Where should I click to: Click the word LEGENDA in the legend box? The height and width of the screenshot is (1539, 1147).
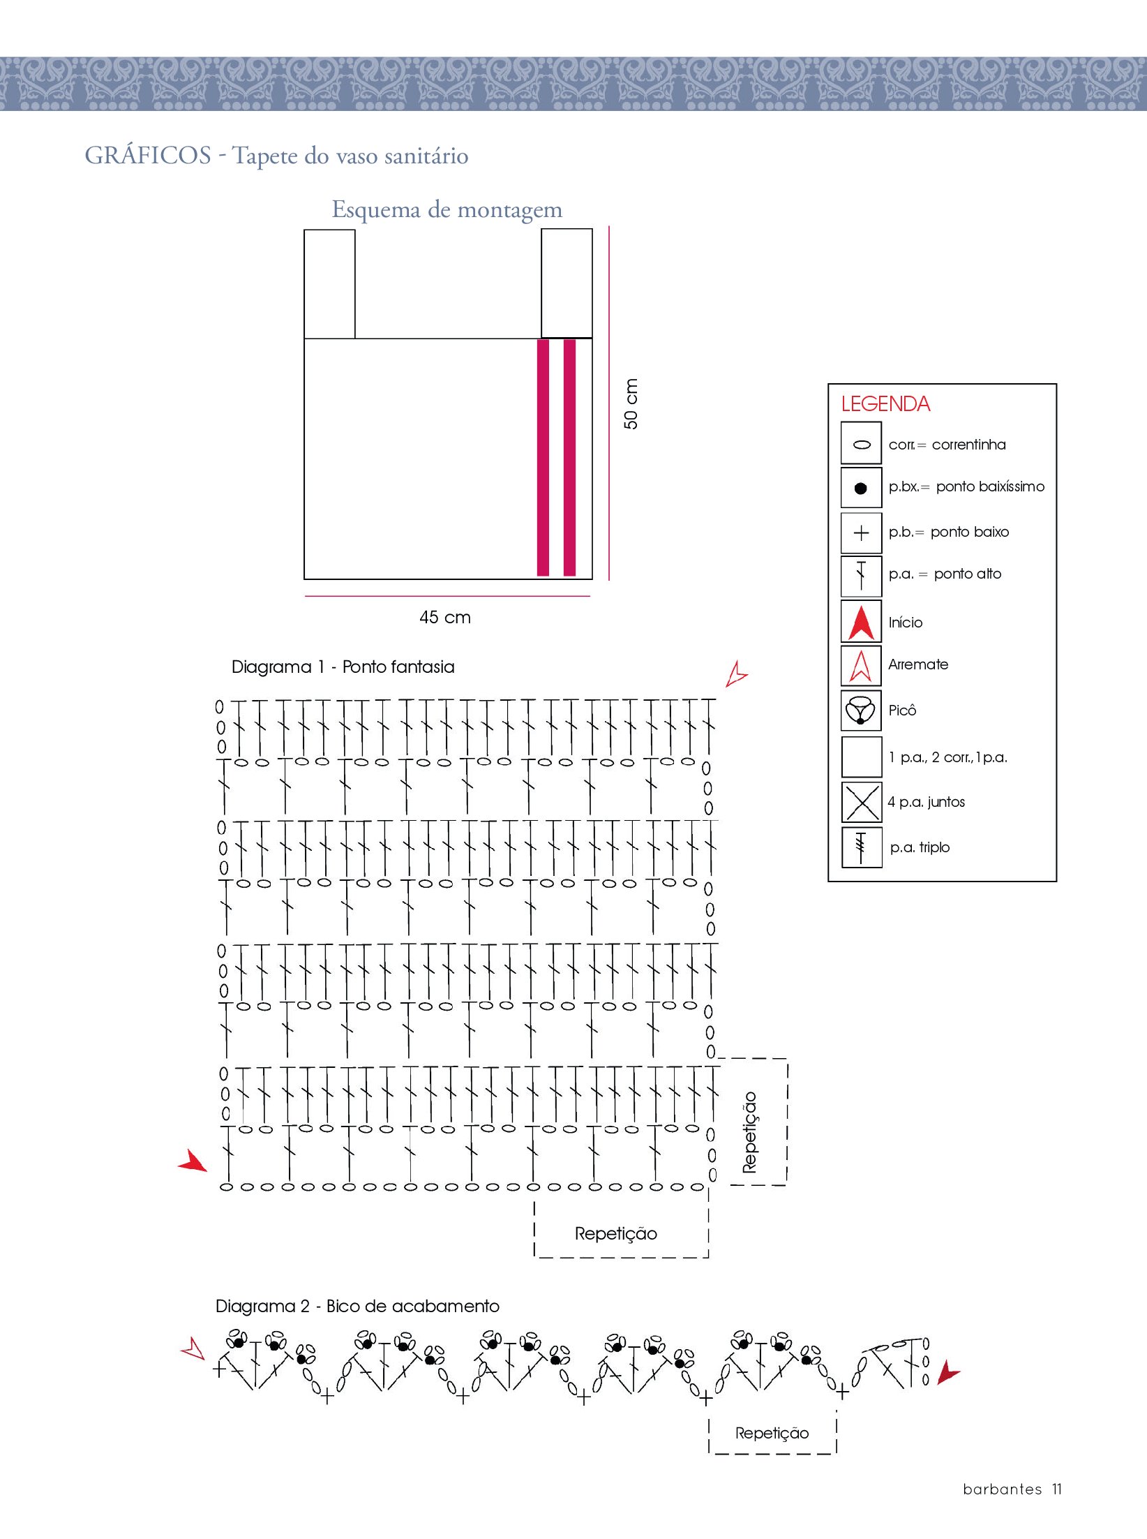[x=885, y=404]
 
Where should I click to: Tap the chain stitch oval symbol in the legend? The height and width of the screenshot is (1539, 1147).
[x=862, y=445]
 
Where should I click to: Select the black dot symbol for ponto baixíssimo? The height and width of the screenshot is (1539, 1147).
[x=861, y=489]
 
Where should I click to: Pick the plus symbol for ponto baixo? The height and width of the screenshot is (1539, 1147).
[x=862, y=533]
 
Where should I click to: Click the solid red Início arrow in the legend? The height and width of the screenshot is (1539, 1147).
[x=862, y=623]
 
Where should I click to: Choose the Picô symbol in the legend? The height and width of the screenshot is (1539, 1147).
[x=861, y=711]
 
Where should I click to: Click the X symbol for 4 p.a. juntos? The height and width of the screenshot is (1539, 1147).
[x=862, y=802]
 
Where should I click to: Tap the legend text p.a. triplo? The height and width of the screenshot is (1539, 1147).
[x=920, y=847]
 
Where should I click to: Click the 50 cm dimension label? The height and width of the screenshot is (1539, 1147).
[x=631, y=403]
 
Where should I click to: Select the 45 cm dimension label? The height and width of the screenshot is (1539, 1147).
[x=445, y=617]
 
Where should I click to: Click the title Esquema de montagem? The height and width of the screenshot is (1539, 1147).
[x=447, y=209]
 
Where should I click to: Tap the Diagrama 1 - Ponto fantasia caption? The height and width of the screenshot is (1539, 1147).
[x=343, y=667]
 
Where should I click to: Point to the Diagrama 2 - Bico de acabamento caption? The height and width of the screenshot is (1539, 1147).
[x=357, y=1306]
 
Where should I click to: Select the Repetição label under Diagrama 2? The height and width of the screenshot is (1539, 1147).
[x=772, y=1433]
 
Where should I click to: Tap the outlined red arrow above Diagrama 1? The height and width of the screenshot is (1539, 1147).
[x=735, y=674]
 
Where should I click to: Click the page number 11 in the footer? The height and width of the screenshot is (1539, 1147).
[x=1057, y=1489]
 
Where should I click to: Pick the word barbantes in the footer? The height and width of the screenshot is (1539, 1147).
[x=1002, y=1489]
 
